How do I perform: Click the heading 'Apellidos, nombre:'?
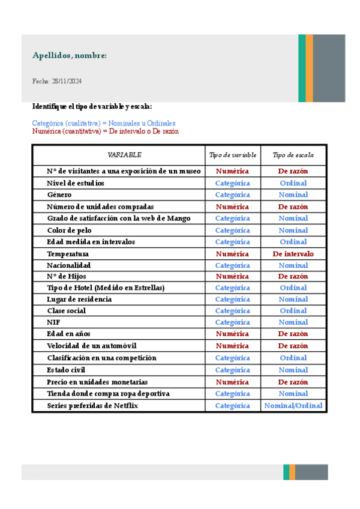pyautogui.click(x=70, y=56)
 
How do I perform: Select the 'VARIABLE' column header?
pyautogui.click(x=124, y=155)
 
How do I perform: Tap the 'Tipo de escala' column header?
pyautogui.click(x=293, y=155)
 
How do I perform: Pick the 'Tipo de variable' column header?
pyautogui.click(x=233, y=155)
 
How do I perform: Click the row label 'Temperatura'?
pyautogui.click(x=68, y=254)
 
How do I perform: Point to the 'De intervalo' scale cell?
pyautogui.click(x=293, y=254)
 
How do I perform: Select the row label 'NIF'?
pyautogui.click(x=53, y=322)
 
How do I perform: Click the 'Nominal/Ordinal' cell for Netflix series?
pyautogui.click(x=293, y=406)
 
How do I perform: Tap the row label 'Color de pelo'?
pyautogui.click(x=70, y=230)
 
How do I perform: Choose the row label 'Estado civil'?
pyautogui.click(x=66, y=370)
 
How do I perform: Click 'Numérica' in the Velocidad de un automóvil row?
pyautogui.click(x=233, y=346)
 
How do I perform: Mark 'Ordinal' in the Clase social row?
pyautogui.click(x=293, y=311)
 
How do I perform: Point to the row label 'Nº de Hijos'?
pyautogui.click(x=67, y=277)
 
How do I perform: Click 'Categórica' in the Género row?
pyautogui.click(x=233, y=194)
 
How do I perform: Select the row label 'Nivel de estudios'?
pyautogui.click(x=76, y=183)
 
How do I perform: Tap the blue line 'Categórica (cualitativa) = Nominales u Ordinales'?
pyautogui.click(x=104, y=123)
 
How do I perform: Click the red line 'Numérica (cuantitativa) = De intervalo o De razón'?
pyautogui.click(x=105, y=131)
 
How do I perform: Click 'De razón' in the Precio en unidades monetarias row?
pyautogui.click(x=293, y=382)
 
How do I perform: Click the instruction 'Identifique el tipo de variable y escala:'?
pyautogui.click(x=92, y=106)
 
